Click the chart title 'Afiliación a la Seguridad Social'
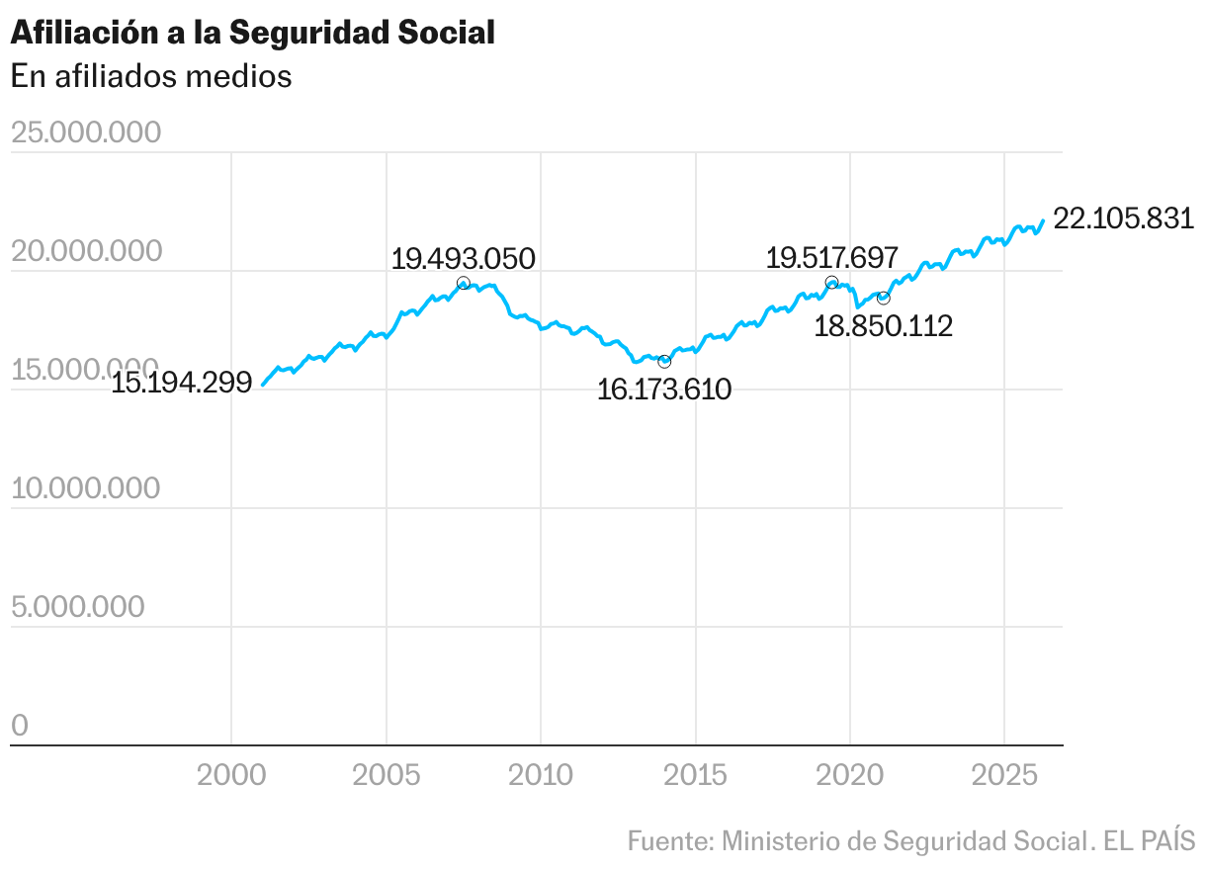click(252, 33)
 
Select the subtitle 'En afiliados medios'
click(151, 76)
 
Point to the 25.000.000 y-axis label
click(86, 131)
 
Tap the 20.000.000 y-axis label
click(87, 251)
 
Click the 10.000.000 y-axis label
click(86, 487)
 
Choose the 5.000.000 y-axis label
click(78, 606)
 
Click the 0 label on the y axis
click(20, 725)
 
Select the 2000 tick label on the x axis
click(231, 775)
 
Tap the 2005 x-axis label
click(387, 775)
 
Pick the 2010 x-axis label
click(541, 775)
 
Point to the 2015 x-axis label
click(695, 775)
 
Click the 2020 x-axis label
click(849, 775)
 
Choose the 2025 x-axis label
click(1004, 775)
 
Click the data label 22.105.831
click(1124, 218)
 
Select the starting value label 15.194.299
click(182, 383)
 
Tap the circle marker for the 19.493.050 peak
click(463, 283)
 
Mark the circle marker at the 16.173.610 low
click(664, 362)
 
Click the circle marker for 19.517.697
click(831, 282)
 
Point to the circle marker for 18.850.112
click(884, 298)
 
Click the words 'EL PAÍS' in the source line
click(1150, 840)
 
